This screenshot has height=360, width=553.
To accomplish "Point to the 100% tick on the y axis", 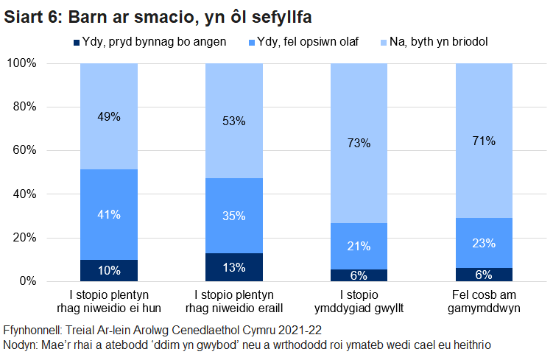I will (x=21, y=63).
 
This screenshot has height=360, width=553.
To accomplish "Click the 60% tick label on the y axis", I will (x=24, y=150).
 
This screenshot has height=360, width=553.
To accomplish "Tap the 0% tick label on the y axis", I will (x=27, y=281).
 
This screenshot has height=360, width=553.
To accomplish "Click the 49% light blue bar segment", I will (x=109, y=116).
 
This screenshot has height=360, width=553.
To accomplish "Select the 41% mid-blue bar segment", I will (x=109, y=214).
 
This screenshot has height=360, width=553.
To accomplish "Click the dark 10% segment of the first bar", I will (x=109, y=270).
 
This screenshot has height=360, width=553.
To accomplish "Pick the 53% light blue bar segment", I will (x=234, y=121).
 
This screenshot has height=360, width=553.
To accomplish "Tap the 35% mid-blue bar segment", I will (x=234, y=216).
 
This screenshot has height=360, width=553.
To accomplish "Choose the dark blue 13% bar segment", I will (x=234, y=267).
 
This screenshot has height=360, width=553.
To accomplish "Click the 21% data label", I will (x=359, y=246).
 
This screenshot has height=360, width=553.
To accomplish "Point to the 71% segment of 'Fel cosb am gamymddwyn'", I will (x=485, y=141).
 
